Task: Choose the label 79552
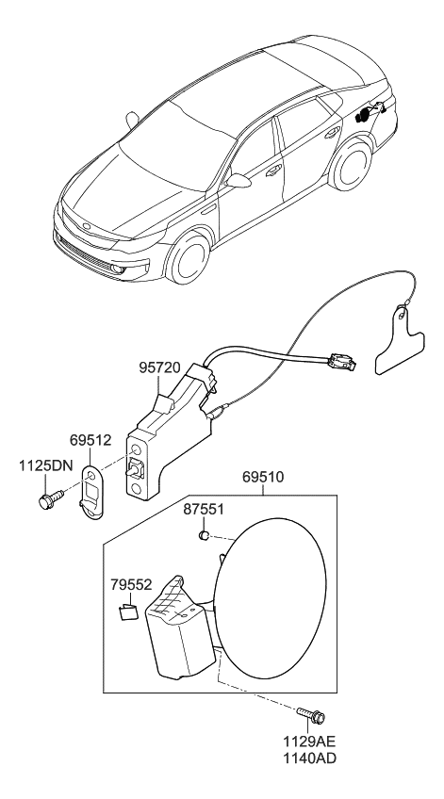pyautogui.click(x=129, y=585)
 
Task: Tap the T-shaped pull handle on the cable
pyautogui.click(x=399, y=343)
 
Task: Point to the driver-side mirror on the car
pyautogui.click(x=240, y=180)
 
